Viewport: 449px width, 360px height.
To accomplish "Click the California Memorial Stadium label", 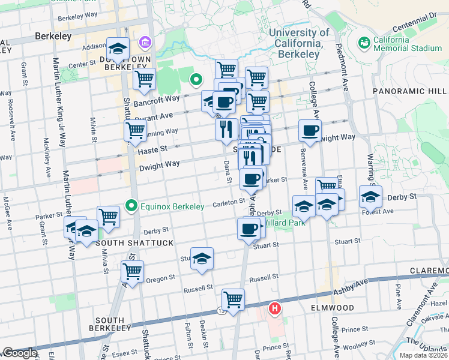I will click(x=408, y=44).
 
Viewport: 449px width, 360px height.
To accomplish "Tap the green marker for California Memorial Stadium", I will click(x=364, y=43).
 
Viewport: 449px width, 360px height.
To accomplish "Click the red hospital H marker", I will click(x=275, y=308).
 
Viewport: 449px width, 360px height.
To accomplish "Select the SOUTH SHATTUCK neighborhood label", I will click(x=134, y=243).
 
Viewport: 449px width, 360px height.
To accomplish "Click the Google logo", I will click(x=19, y=353).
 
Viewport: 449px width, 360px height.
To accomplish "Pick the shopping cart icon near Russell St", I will click(x=233, y=298).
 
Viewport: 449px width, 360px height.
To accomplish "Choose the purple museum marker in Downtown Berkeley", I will click(x=144, y=43).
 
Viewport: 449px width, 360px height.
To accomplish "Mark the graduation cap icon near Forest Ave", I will click(x=370, y=196).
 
